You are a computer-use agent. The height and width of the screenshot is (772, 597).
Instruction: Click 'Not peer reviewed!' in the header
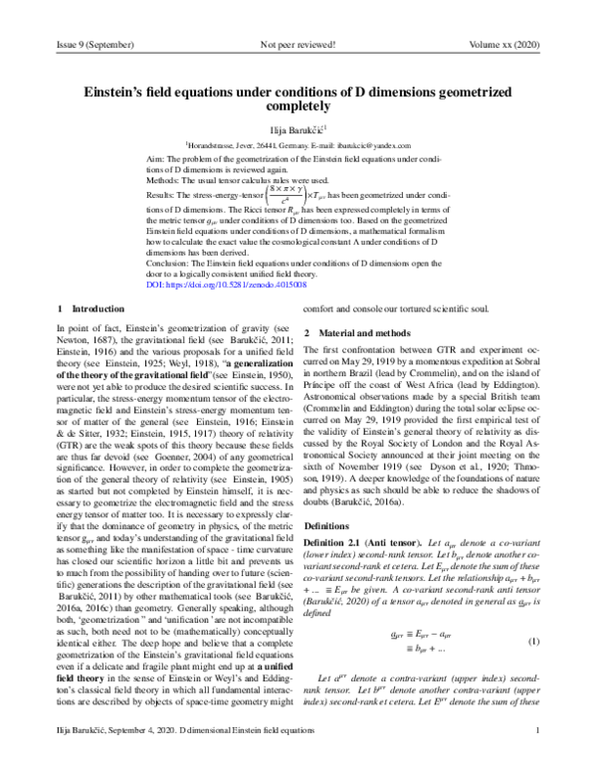tap(297, 45)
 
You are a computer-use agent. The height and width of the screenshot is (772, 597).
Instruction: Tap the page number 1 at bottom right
tap(536, 757)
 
